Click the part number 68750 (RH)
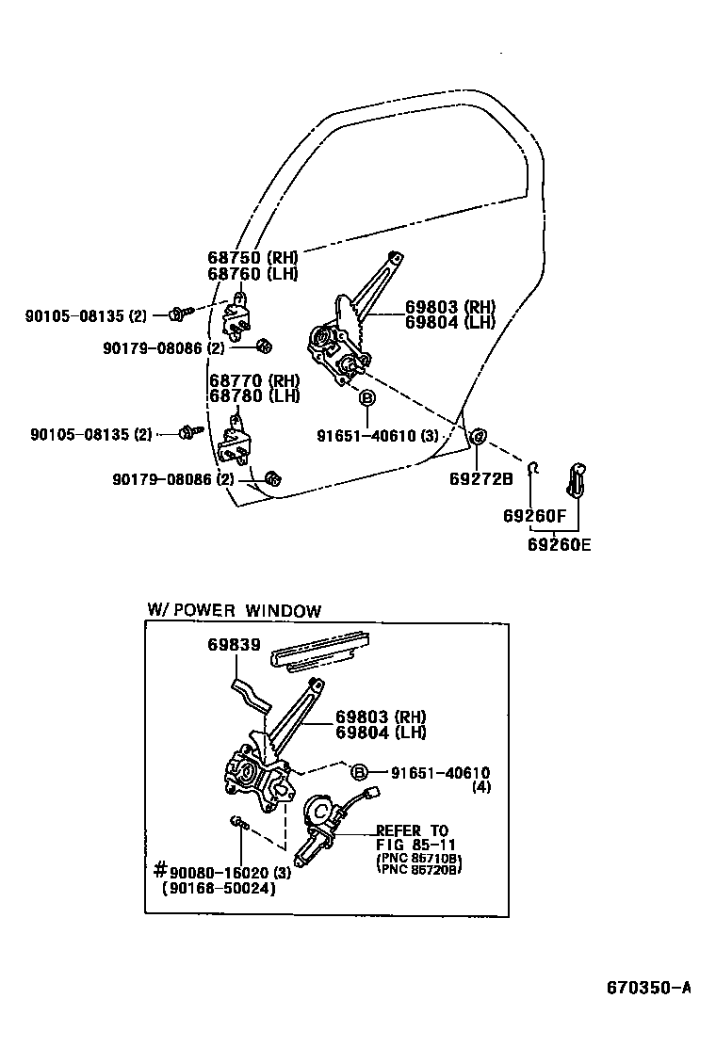(252, 258)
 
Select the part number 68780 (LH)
(253, 396)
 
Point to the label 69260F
(534, 516)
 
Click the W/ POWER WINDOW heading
(234, 610)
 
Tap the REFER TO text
(411, 830)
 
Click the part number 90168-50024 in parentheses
(219, 888)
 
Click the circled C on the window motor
(320, 809)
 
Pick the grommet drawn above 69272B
(478, 436)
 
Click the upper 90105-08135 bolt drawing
(180, 313)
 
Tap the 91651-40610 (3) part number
(377, 435)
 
